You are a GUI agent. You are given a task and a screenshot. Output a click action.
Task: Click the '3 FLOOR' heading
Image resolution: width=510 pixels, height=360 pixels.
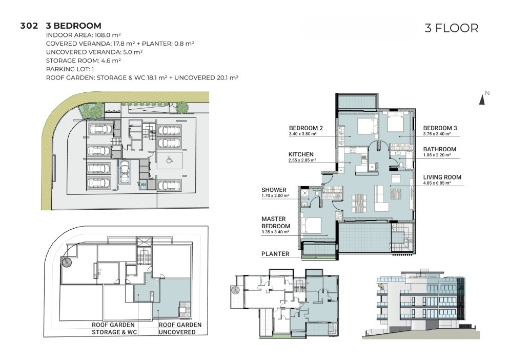pos(451,28)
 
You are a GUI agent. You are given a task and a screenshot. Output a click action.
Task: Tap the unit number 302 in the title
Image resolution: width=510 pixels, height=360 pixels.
pos(29,26)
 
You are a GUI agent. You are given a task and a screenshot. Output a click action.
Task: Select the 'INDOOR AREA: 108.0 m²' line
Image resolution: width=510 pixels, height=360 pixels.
pos(84,35)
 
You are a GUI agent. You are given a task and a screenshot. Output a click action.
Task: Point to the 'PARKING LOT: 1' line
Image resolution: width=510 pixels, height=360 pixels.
pos(70,69)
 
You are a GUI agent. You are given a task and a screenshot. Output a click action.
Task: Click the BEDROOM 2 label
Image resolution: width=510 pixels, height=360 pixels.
pos(305,128)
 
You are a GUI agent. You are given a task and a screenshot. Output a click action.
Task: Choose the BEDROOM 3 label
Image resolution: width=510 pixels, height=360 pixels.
pos(440,128)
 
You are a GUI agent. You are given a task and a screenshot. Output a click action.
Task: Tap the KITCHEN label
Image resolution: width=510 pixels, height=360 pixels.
pos(301,154)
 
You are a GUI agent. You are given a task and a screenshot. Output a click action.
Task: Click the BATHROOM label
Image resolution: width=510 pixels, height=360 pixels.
pos(439,149)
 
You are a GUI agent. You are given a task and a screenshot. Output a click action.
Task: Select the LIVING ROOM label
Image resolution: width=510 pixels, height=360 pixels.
pos(442,177)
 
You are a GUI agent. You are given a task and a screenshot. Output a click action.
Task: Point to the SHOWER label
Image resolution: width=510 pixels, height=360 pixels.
pos(274,190)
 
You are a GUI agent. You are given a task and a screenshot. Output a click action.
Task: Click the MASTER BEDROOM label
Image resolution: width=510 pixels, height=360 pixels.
pos(276,223)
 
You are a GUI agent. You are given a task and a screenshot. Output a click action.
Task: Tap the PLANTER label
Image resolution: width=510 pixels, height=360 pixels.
pos(275,254)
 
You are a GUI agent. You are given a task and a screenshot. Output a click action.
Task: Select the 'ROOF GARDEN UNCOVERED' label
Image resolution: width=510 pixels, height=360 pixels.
pos(180,328)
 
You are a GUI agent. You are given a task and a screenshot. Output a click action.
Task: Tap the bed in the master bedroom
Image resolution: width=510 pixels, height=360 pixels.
pos(311,225)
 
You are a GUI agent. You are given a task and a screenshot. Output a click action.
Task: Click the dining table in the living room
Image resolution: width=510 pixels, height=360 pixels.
pos(359,203)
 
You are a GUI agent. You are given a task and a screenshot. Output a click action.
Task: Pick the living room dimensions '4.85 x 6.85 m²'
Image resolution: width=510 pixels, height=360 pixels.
pos(437,183)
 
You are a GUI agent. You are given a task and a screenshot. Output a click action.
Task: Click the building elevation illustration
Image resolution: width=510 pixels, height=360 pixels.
pos(421,304)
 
